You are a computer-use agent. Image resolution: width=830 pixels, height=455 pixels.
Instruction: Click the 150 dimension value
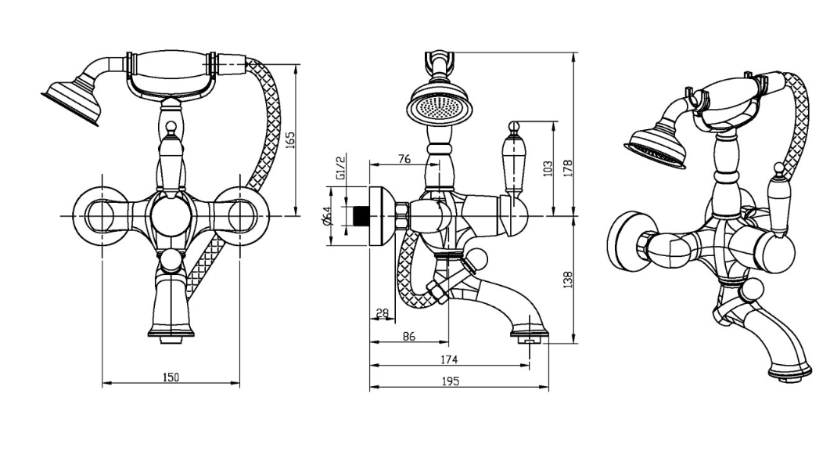[x=171, y=377]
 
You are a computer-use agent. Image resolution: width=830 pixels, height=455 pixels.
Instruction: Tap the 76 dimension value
[x=404, y=159]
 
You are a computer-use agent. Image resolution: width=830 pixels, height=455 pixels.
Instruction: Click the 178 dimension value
[x=569, y=167]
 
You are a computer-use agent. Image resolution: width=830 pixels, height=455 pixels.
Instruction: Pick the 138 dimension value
[x=569, y=279]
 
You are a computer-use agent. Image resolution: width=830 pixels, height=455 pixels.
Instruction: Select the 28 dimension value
[x=383, y=313]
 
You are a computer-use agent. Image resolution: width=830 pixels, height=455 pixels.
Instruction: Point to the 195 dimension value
[x=449, y=381]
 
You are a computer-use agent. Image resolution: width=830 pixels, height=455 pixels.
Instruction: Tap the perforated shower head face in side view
[x=439, y=108]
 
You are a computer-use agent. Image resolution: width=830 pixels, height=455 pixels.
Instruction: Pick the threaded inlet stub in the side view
[x=361, y=215]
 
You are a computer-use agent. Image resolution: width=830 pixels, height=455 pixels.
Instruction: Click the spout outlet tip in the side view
[x=530, y=337]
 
